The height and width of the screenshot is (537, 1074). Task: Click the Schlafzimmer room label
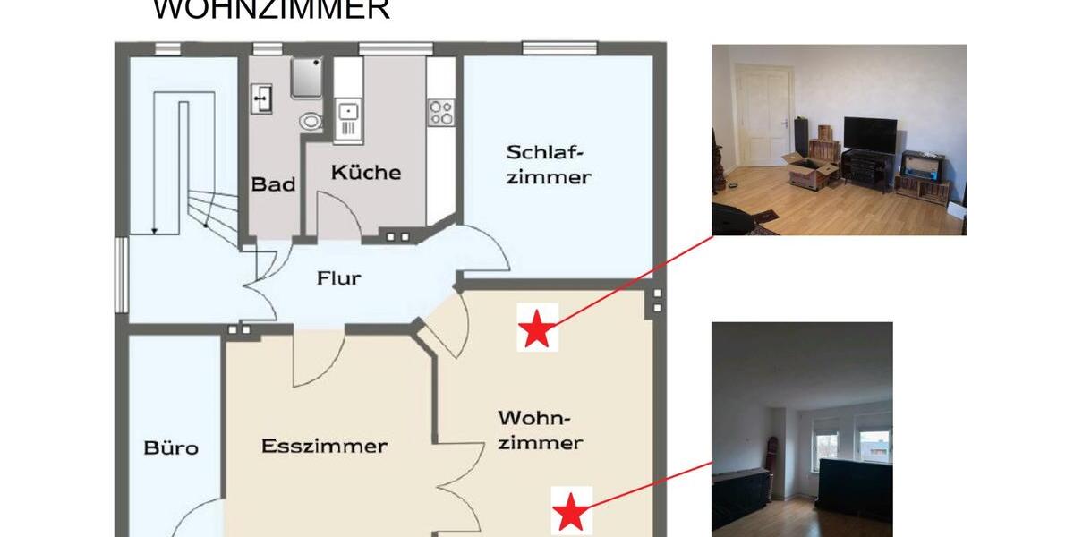coord(549,164)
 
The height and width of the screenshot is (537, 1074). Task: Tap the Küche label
coord(365,172)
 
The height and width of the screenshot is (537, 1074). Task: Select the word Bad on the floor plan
coord(273,184)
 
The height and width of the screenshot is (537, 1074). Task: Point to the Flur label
coord(339,278)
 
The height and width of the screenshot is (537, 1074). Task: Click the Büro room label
coord(171,447)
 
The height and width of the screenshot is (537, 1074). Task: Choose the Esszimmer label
coord(324,446)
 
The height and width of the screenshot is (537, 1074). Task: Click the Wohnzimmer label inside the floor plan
coord(540,430)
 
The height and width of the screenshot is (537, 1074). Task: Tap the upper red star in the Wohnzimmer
coord(537,328)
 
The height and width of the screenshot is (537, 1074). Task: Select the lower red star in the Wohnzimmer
coord(570,514)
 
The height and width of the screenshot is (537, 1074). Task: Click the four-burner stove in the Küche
coord(441,113)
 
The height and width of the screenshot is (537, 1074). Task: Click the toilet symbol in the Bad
coord(310,121)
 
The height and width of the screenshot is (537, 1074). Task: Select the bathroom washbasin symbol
coord(261,98)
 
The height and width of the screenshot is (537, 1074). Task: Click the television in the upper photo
coord(870,134)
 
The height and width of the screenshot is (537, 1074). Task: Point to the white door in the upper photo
coord(763,117)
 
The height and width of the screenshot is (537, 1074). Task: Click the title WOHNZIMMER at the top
coord(271,9)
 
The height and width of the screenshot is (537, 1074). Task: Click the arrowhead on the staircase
coord(154,231)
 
